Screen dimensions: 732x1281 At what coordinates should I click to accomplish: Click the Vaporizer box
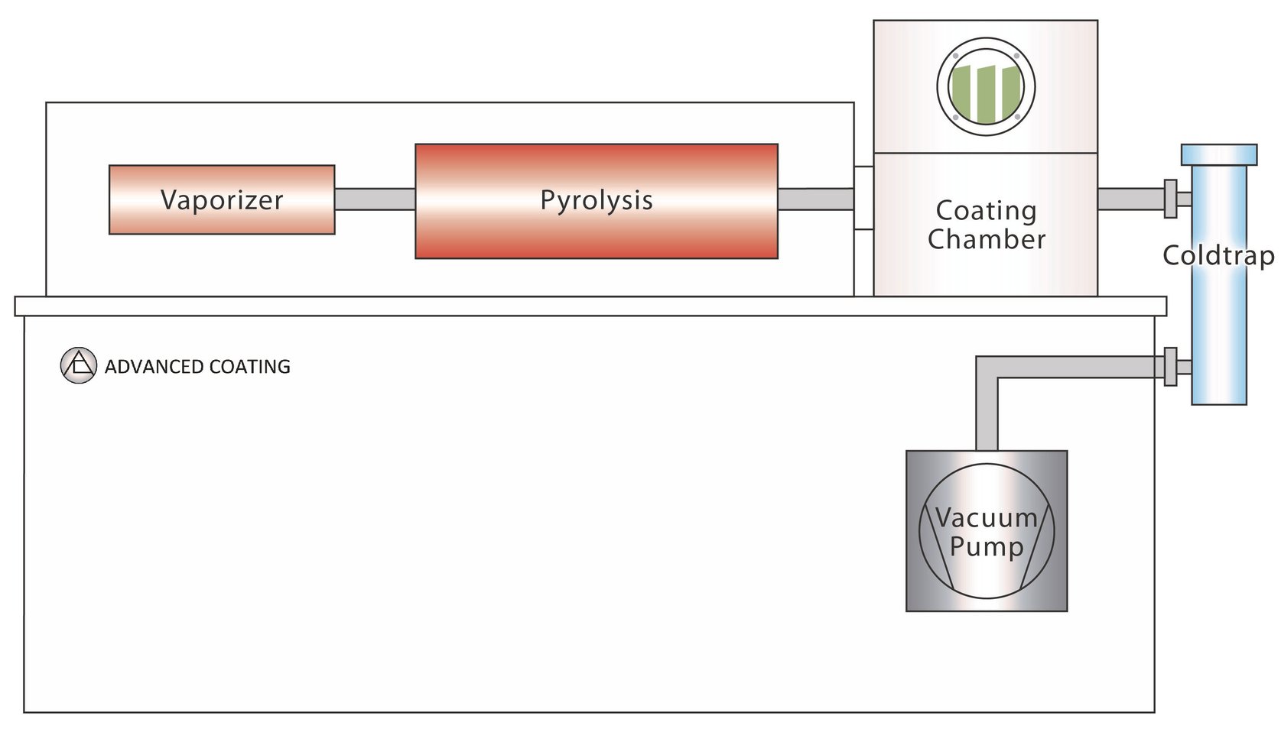point(222,199)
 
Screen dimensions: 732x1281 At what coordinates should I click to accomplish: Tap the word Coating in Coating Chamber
point(986,210)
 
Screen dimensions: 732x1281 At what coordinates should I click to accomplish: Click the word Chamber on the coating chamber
point(986,240)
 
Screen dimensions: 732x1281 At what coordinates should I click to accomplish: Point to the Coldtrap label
point(1218,255)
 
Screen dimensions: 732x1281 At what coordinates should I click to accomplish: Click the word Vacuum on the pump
point(986,518)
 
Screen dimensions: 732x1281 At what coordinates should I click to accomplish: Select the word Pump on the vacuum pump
point(986,547)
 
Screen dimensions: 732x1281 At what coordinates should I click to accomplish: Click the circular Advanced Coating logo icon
point(78,365)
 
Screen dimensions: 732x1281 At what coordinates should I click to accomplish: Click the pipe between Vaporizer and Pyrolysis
point(375,199)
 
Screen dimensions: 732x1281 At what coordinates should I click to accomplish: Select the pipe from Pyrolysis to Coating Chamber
point(814,199)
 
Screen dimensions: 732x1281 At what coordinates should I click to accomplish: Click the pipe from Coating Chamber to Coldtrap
point(1130,199)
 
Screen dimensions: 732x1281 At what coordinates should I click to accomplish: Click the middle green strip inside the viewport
point(986,94)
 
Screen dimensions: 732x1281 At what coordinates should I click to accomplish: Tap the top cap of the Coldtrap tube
point(1218,154)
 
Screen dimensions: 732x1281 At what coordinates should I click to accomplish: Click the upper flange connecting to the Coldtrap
point(1170,199)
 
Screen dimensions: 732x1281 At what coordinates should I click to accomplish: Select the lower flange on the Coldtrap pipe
point(1170,367)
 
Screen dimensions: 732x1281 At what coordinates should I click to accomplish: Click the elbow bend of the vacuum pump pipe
point(987,368)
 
